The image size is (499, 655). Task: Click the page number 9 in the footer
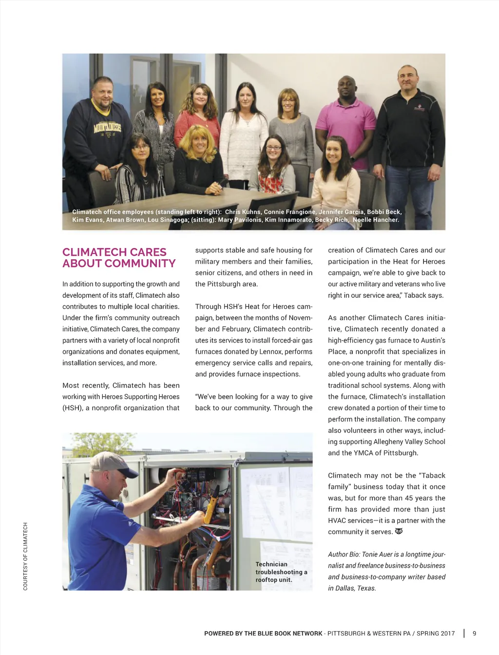tap(475, 634)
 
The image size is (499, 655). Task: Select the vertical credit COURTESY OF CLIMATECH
tap(25, 556)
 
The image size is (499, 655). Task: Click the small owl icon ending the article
tap(399, 531)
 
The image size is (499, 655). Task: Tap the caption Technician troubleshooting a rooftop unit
tap(281, 572)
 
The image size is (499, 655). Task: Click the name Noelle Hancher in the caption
tap(376, 220)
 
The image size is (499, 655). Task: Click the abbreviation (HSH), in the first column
tap(72, 408)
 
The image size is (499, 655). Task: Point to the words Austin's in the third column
tap(430, 340)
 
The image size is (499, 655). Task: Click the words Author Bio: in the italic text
tap(344, 554)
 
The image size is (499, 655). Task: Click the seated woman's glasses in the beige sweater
tap(274, 148)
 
